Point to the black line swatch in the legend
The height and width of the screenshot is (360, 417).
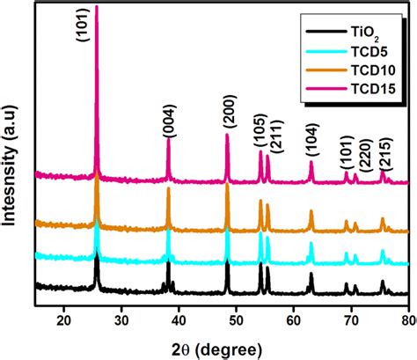(325, 33)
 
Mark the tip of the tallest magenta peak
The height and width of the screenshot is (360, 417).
(96, 5)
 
